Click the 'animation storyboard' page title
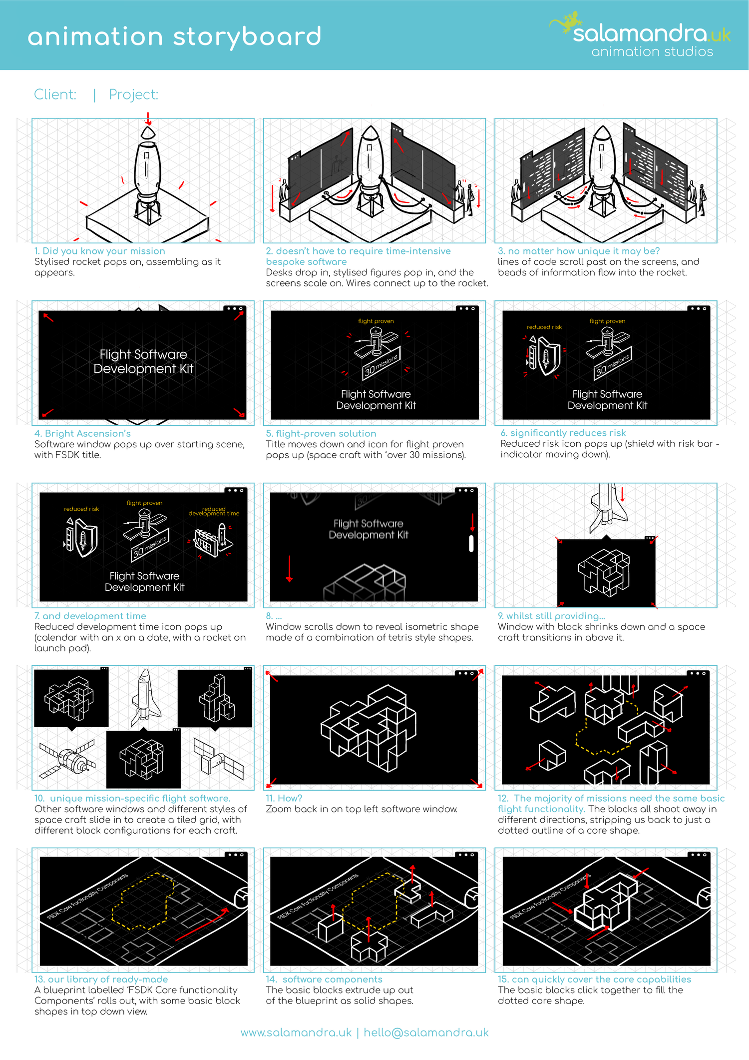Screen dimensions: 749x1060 tap(174, 36)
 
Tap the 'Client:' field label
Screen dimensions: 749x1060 tap(55, 94)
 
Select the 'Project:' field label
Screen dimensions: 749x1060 tap(134, 94)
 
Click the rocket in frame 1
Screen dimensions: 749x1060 tap(147, 172)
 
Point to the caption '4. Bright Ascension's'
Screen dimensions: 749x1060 tap(82, 433)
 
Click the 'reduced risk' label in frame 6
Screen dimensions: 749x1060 tap(544, 327)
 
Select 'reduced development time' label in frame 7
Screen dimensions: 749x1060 tap(214, 511)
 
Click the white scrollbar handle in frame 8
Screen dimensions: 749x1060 tap(471, 543)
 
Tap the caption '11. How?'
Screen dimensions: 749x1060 tap(284, 798)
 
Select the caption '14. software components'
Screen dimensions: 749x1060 tap(324, 979)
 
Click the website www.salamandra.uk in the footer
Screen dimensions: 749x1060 tap(296, 1033)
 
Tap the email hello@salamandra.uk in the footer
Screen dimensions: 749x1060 tap(426, 1033)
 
